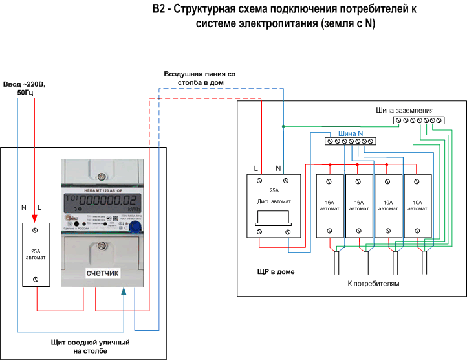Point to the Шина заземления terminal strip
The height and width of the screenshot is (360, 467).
(x=418, y=120)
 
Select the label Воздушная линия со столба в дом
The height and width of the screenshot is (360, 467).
(x=199, y=78)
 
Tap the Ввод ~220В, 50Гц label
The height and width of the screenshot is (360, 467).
(x=25, y=88)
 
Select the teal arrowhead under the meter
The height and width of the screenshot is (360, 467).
(x=123, y=294)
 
